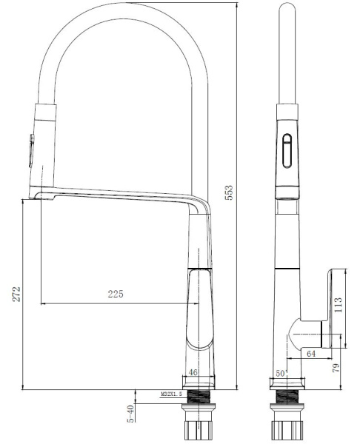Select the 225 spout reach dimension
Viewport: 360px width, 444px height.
(x=116, y=295)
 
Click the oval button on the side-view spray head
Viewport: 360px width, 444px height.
(x=287, y=152)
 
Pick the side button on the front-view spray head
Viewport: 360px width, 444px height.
(x=30, y=152)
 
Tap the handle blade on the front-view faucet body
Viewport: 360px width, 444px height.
(x=198, y=307)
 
